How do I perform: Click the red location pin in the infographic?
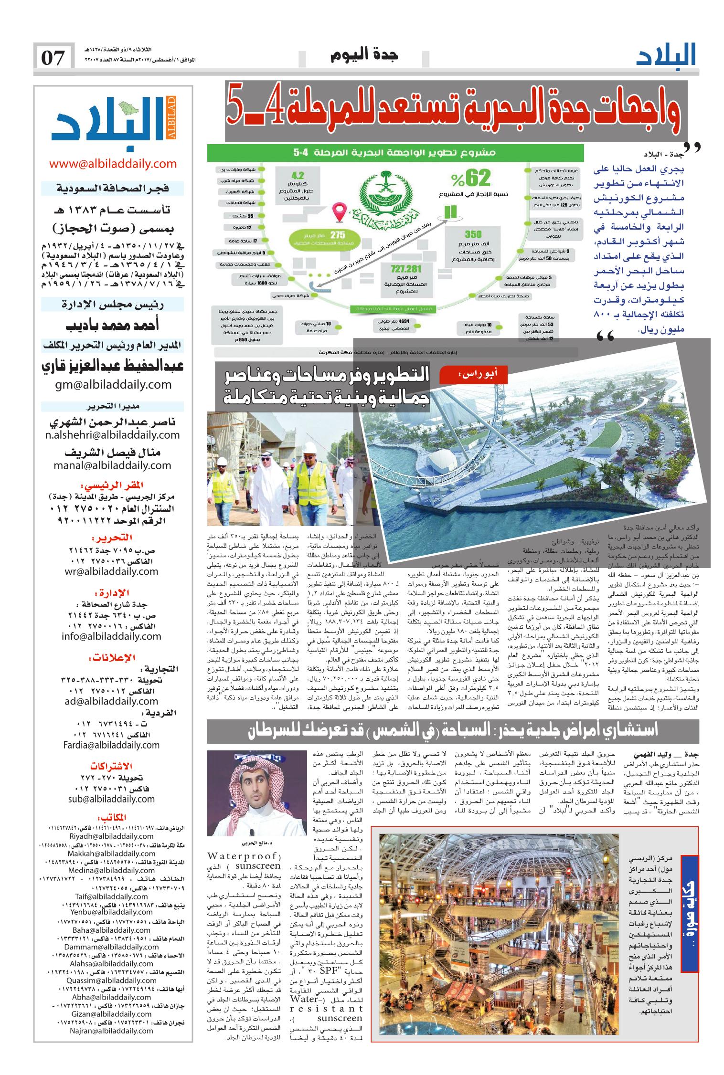pos(340,213)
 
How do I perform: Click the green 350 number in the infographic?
pos(473,234)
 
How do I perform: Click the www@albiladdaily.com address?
pos(113,164)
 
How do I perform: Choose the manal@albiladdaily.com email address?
pos(113,465)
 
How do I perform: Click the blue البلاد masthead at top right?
pos(666,55)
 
